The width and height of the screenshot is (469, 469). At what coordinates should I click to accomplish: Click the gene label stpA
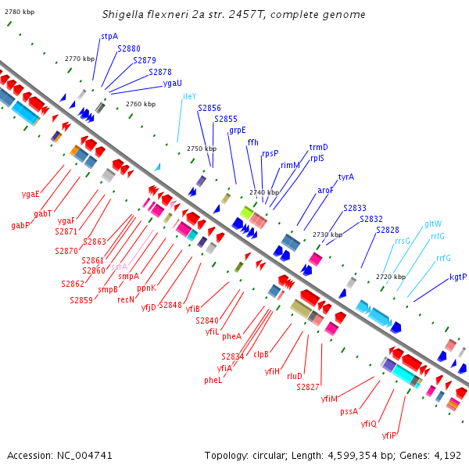coord(109,36)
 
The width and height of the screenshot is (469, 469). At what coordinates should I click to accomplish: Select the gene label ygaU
coord(173,83)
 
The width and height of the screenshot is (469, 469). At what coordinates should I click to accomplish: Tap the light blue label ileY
coord(189,96)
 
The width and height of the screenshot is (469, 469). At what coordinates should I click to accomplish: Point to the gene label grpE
coord(238,131)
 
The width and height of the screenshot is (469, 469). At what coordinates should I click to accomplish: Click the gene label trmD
coord(319,147)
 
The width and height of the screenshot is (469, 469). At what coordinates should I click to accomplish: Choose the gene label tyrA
coord(345,177)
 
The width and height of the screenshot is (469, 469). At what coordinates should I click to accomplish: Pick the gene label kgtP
coord(458,277)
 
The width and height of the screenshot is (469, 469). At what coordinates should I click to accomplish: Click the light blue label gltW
coord(433,224)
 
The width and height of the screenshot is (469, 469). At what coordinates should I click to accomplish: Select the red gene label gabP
coord(20,225)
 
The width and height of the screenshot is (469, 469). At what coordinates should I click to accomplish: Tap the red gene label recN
coord(127,299)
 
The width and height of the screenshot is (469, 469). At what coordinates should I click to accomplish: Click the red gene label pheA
coord(231,336)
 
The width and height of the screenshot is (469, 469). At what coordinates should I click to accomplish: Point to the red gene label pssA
coord(349,410)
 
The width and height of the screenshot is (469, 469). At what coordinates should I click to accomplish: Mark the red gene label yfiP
coord(390,435)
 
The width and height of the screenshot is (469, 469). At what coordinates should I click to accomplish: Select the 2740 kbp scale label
coord(263,192)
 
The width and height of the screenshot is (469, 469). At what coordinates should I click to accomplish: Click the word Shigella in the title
coord(124,15)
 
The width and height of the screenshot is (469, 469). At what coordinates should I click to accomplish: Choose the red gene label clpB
coord(261,354)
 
